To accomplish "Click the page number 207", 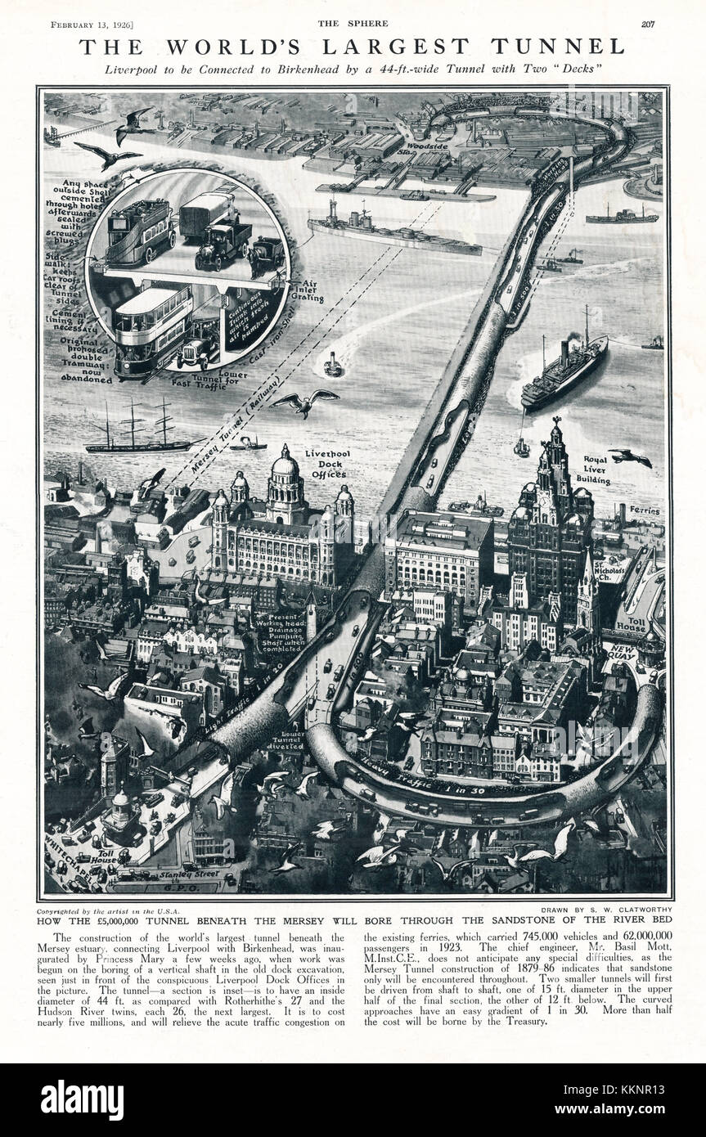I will pos(648,23).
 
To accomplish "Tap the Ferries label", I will pos(645,510).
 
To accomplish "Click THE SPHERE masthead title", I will pos(353,23).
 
